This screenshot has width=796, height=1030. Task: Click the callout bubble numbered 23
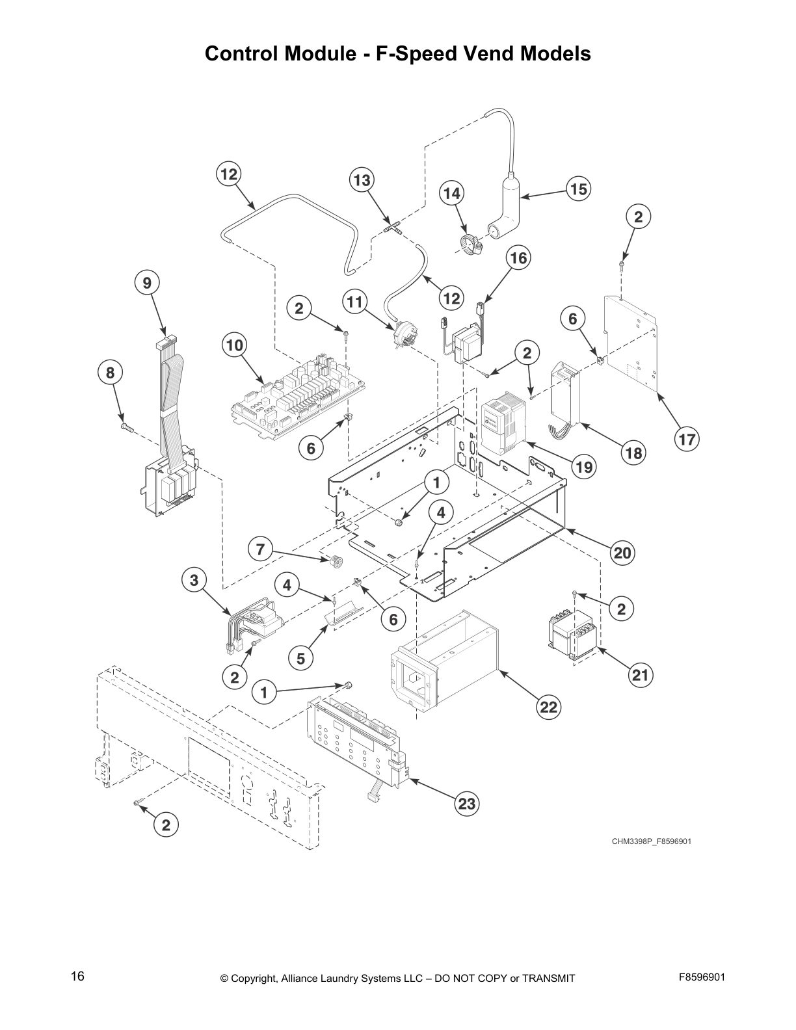(466, 804)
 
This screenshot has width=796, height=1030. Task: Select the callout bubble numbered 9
(147, 283)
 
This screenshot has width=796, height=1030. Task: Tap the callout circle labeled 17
(687, 440)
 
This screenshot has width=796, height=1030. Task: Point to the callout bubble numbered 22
(549, 706)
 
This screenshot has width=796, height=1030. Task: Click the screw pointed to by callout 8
(126, 427)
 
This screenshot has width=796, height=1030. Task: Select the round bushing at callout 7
(336, 561)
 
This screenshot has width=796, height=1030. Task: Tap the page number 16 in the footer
(77, 977)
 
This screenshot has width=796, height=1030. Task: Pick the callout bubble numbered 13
(362, 180)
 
